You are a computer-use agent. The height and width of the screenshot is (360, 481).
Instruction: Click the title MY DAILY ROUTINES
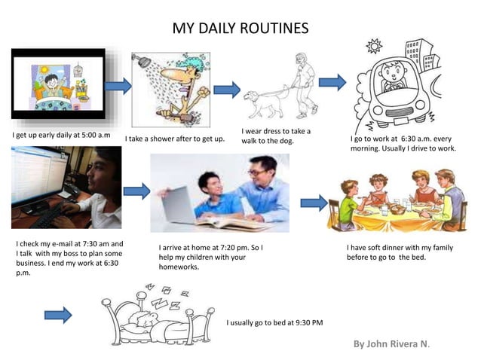coord(240,29)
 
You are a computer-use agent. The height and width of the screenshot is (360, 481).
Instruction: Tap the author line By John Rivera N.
coord(391,344)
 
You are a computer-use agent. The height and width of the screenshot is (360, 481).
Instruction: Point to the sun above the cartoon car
coord(373,47)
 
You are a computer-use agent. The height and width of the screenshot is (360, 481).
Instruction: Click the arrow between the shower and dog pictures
coord(226,90)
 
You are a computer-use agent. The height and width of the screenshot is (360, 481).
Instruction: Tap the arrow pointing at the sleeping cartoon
coord(58,315)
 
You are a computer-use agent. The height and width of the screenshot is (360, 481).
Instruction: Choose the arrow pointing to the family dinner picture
coord(314,202)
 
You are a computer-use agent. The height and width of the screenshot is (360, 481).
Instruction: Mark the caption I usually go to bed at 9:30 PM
coord(274,322)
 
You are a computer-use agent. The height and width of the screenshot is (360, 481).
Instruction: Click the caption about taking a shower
coord(175,139)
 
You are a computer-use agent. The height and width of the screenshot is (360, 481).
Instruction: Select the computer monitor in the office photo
coord(37,178)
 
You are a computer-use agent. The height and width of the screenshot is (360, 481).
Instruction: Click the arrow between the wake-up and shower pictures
coord(118,86)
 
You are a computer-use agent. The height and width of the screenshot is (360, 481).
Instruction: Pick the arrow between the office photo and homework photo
coord(136,191)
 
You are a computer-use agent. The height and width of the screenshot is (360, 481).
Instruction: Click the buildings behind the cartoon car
coord(419,53)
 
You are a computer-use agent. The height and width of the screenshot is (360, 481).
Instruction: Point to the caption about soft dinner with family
coord(400,252)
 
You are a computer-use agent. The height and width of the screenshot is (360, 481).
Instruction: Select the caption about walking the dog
coord(276,136)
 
